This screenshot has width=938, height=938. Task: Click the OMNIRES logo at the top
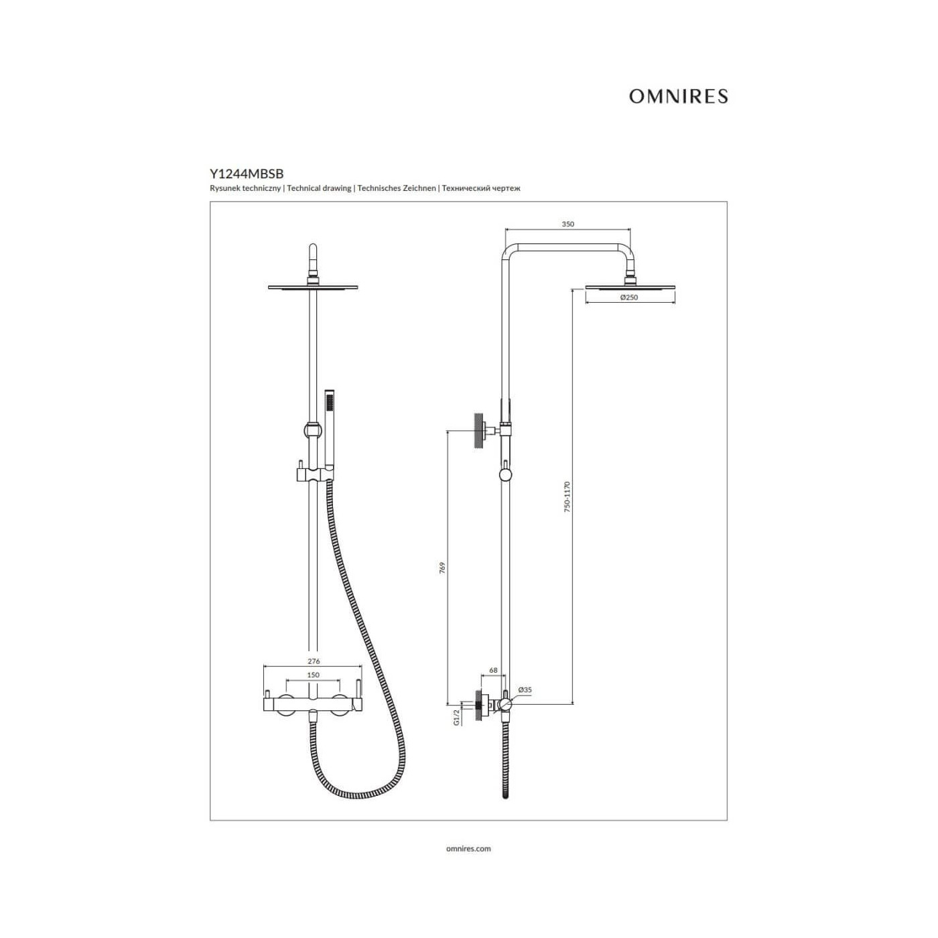(678, 96)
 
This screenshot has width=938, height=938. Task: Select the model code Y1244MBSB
(247, 174)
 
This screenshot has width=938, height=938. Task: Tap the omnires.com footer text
(468, 848)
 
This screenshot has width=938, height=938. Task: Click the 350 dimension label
(567, 224)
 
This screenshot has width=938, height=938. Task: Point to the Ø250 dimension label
(629, 297)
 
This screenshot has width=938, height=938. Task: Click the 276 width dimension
(314, 661)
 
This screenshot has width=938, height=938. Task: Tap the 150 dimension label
(314, 675)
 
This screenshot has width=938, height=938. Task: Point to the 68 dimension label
(493, 670)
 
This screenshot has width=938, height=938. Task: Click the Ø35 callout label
(525, 689)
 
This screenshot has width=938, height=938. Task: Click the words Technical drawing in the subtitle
(319, 188)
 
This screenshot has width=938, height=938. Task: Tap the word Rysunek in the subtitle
(222, 188)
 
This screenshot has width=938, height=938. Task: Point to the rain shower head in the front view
(313, 287)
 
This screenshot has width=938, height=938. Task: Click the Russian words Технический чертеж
(481, 188)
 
